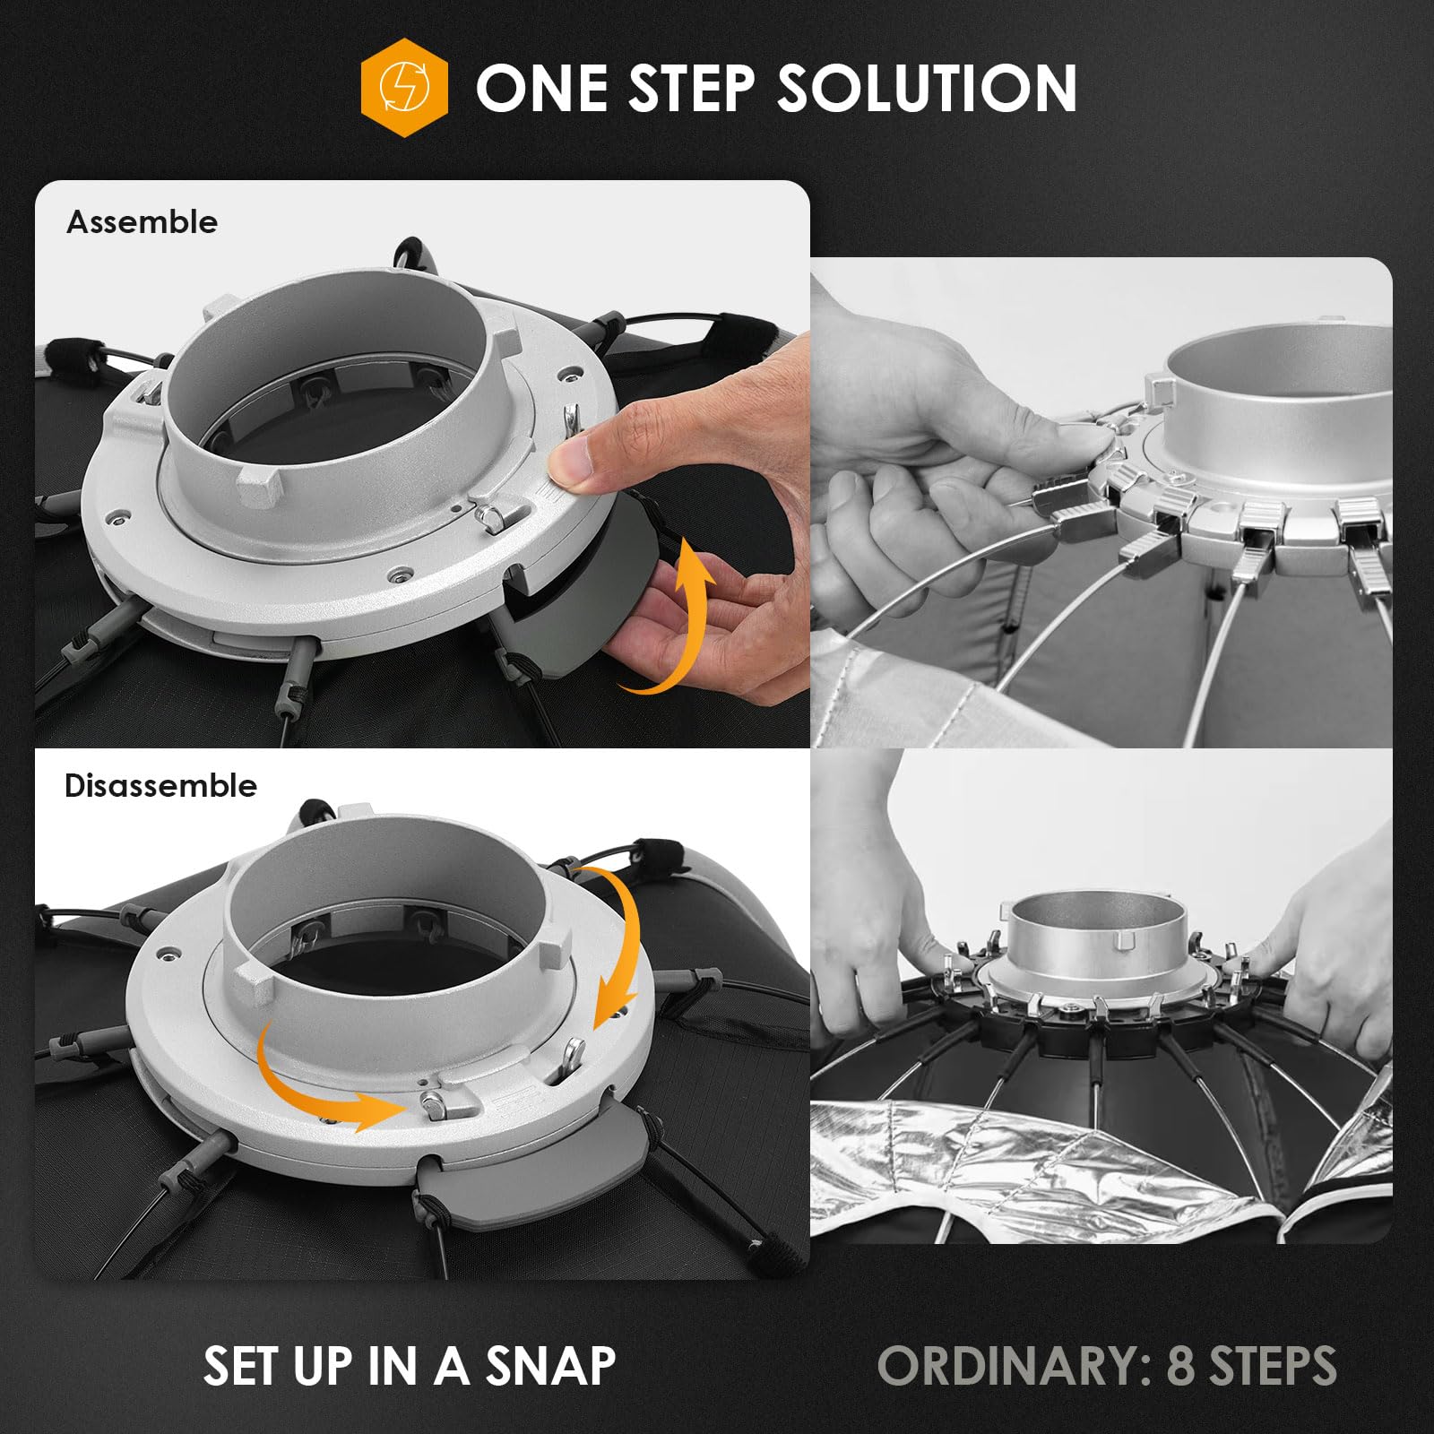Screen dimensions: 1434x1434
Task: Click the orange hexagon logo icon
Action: [x=404, y=88]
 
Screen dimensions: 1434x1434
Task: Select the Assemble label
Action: [x=142, y=222]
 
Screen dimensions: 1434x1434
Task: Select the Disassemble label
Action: [x=160, y=786]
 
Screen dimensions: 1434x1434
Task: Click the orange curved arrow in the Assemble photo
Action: [x=674, y=618]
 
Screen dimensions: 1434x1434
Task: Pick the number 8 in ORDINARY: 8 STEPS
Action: [x=1180, y=1367]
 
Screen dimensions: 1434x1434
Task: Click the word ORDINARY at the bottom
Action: [x=1013, y=1367]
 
